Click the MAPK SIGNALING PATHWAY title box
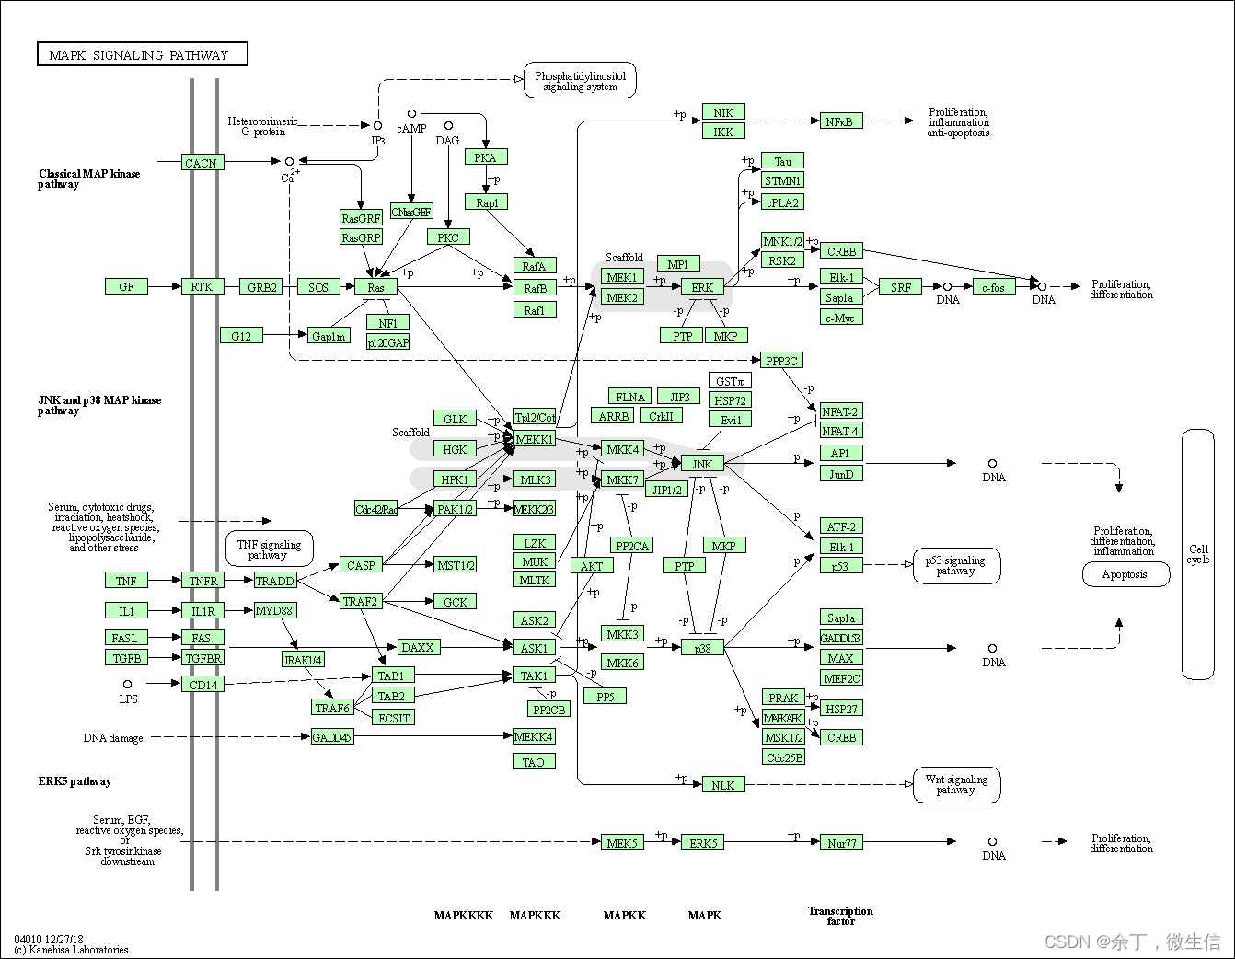[x=142, y=54]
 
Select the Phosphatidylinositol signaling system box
[x=580, y=81]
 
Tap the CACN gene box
[x=201, y=163]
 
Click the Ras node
[x=375, y=287]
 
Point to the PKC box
[x=448, y=237]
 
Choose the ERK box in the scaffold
[x=702, y=287]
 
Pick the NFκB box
[x=839, y=121]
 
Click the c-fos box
[x=992, y=287]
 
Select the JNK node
[x=702, y=464]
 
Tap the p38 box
[x=702, y=648]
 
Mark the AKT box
[x=592, y=566]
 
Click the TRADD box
[x=274, y=581]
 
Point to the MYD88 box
[x=274, y=610]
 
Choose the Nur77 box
[x=841, y=842]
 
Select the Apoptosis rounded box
[x=1125, y=574]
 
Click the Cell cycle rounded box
[x=1197, y=554]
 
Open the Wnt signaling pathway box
[x=955, y=784]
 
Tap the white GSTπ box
[x=730, y=381]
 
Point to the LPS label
[x=128, y=699]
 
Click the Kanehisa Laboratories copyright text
[x=72, y=949]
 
